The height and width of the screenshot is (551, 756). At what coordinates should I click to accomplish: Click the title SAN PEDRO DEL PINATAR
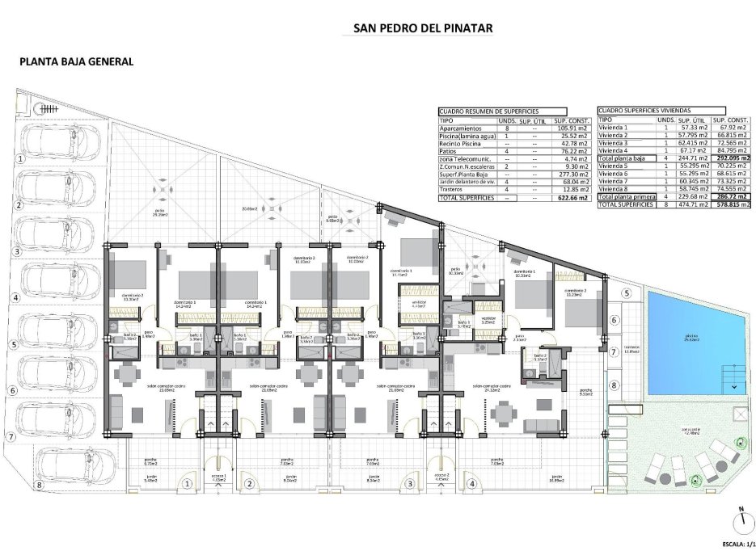[423, 27]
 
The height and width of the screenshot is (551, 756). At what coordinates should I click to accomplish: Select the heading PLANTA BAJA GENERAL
[76, 61]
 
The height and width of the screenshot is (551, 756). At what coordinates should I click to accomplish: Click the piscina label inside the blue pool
[691, 339]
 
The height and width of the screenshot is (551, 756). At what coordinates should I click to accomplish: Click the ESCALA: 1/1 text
[733, 544]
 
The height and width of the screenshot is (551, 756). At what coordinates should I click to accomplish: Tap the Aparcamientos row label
[462, 128]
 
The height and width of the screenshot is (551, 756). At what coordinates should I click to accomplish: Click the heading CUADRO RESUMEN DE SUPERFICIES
[488, 111]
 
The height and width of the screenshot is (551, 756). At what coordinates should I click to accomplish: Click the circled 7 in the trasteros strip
[614, 352]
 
